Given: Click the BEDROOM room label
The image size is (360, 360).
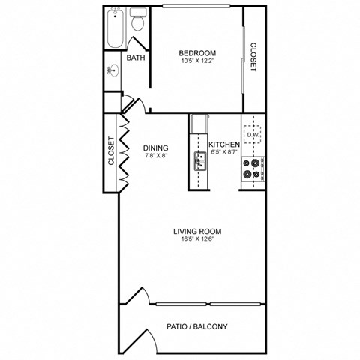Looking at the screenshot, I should point(197,52).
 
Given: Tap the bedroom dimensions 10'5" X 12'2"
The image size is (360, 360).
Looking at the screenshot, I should point(197,61).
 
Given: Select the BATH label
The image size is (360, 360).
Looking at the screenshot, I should point(136,58).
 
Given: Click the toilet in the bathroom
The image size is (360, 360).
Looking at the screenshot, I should point(137,22).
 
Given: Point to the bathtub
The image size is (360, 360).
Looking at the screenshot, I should point(114,31).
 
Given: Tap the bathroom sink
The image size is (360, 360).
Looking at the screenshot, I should point(112,71).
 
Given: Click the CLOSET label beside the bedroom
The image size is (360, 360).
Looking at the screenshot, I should point(253,55).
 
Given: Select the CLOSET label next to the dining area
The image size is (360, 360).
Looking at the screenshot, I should point(112,150).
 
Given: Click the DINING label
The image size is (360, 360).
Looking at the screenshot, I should point(155,148).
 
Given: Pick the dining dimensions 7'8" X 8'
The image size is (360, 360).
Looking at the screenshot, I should point(155,157).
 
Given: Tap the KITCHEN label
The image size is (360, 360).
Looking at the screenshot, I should point(223,145).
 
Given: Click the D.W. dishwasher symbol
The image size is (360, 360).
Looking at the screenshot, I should point(253,134).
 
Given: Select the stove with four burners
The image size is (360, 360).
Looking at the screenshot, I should point(252,169).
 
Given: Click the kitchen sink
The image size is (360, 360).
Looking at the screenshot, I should point(200,159).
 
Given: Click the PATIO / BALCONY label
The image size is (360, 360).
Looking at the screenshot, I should point(196,327).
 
